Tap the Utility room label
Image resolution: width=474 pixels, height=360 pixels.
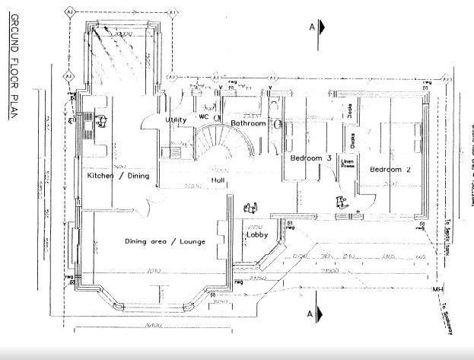coord(177,120)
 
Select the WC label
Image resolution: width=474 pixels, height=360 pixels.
coord(204,117)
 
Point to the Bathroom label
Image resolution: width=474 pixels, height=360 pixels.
coord(248,123)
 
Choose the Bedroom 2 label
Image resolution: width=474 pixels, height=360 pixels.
coord(390,170)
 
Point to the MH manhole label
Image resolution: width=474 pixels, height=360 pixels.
coord(437,290)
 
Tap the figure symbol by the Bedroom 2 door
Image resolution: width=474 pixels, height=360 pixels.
coord(342,202)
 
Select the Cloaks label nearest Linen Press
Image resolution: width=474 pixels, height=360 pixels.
coord(352,141)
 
